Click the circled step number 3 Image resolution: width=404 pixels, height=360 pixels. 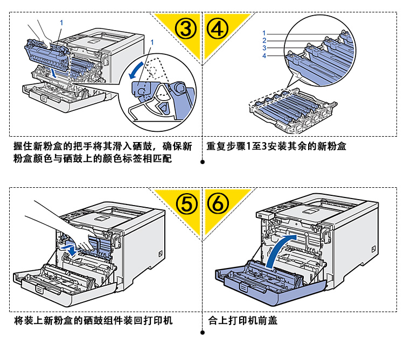pos(186,29)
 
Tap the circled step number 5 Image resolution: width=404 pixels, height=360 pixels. pos(186,203)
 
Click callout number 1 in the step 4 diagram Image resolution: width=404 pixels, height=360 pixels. pos(264,33)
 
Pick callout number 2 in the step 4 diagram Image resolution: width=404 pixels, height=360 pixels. pos(264,41)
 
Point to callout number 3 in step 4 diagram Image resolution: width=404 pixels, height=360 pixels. pos(264,48)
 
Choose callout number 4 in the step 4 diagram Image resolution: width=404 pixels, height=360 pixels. pos(264,56)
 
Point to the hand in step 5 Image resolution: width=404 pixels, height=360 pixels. pos(59,221)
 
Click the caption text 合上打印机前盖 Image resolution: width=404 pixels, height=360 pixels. pos(242,321)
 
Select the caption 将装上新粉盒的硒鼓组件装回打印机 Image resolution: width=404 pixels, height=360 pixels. pos(93,321)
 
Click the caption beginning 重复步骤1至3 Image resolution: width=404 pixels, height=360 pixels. pos(276,146)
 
